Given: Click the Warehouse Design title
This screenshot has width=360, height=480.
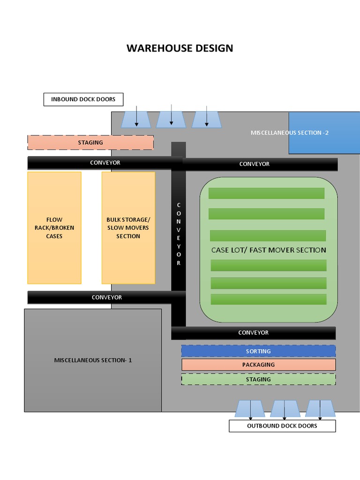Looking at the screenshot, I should (180, 48).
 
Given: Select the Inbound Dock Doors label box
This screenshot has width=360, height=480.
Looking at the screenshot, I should (83, 99).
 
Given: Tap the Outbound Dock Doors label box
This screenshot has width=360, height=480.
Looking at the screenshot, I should (282, 426).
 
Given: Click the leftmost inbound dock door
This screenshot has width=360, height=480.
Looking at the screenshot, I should (136, 120).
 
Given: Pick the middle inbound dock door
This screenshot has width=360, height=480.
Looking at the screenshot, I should (171, 120).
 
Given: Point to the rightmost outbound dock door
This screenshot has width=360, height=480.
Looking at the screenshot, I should (320, 408).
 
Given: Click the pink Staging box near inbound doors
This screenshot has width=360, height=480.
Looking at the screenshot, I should (90, 142).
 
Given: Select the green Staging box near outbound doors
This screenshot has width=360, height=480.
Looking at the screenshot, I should (258, 379).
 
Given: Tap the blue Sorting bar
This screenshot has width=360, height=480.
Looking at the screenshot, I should (258, 351).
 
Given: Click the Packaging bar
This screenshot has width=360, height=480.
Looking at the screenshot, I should (258, 365).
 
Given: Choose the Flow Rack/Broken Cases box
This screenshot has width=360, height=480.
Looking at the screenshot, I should (54, 228).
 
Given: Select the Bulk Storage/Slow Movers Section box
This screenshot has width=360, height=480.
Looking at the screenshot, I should (128, 228).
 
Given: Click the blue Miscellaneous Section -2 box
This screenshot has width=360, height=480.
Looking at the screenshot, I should (323, 133).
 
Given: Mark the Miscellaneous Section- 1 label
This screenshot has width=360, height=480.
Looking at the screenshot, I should (93, 360).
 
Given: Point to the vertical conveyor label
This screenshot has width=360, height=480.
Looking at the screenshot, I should (179, 234).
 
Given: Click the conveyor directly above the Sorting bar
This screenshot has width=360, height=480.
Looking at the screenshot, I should (253, 333).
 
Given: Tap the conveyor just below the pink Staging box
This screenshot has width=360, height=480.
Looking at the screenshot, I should (105, 163).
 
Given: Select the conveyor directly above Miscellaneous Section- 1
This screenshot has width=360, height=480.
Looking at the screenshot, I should (106, 297).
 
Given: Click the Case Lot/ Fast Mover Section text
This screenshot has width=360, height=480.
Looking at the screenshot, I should (269, 250).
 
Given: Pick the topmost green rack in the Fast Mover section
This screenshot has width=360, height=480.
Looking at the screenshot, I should (266, 193).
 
